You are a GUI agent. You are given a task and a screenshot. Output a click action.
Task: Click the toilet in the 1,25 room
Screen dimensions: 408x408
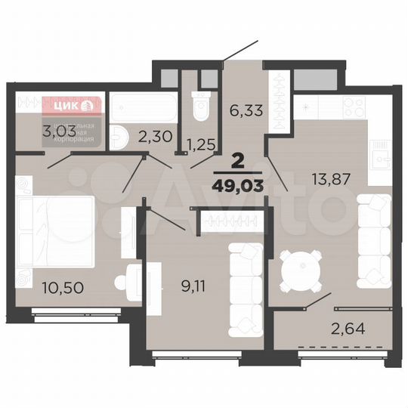coord(199,107)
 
